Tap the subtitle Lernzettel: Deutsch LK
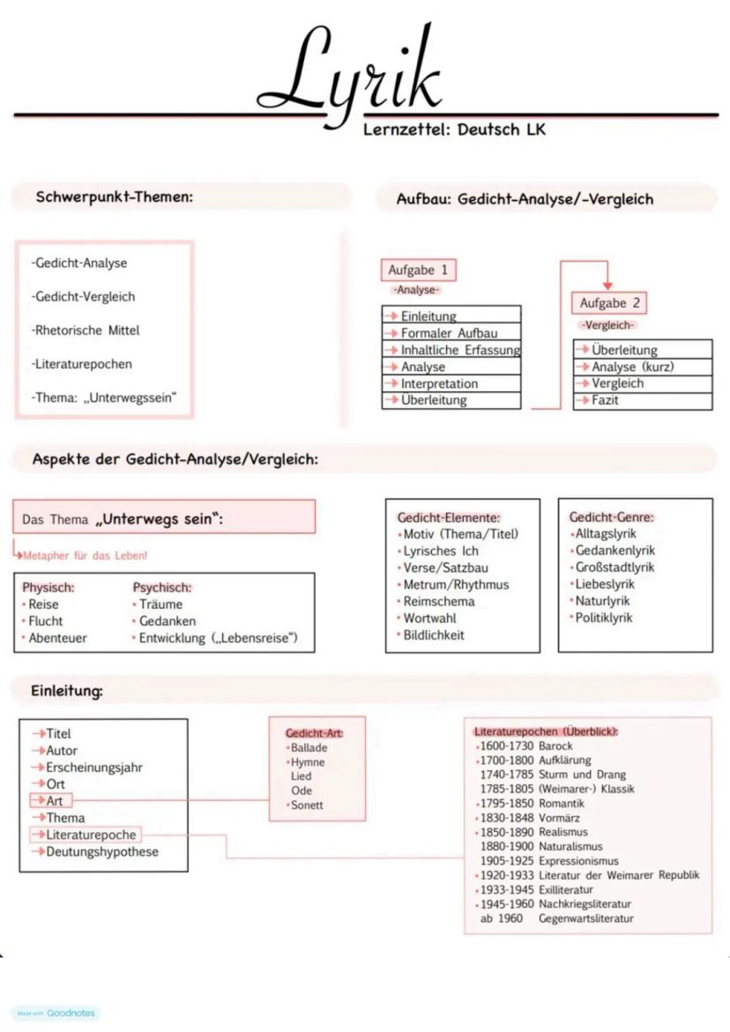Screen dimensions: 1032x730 coord(454,130)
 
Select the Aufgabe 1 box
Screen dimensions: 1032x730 coord(419,271)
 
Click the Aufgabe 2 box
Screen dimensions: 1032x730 coord(610,303)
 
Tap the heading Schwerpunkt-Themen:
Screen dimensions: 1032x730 coord(114,197)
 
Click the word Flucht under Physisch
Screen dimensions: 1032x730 coord(46,621)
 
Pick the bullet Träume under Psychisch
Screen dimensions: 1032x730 coord(160,605)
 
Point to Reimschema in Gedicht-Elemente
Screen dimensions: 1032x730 coord(439,601)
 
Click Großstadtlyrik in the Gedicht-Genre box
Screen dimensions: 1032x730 coord(615,568)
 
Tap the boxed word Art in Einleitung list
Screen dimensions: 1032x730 coord(53,800)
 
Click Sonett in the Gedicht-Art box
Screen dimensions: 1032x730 coord(307,805)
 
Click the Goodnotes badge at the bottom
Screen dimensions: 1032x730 coord(56,1013)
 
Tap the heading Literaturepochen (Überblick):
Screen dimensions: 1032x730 coord(546,731)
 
